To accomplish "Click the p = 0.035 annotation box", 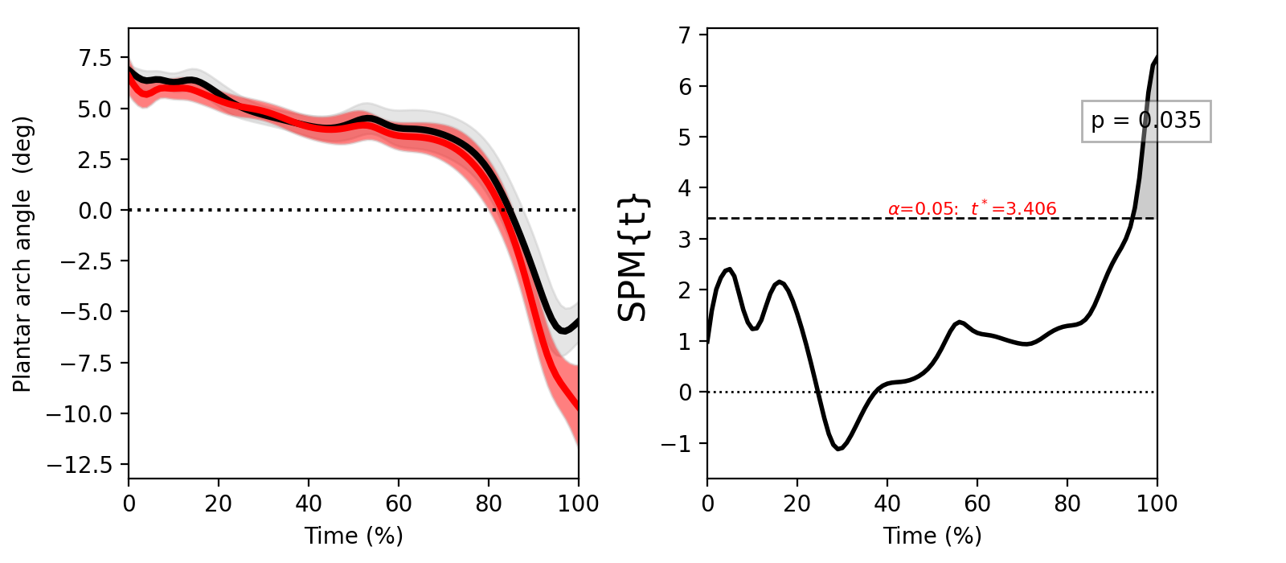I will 1145,121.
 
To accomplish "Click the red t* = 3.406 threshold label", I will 972,209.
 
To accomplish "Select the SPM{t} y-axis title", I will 633,257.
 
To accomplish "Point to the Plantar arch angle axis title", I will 23,254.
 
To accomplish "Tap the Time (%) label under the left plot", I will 354,536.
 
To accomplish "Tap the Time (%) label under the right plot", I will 932,536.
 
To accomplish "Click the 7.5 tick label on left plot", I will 95,58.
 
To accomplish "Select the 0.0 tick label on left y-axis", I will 95,211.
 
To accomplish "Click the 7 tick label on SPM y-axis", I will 686,35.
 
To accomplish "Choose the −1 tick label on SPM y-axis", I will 678,444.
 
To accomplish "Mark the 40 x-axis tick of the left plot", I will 309,504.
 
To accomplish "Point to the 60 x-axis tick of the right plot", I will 977,504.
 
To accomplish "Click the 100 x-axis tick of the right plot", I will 1157,504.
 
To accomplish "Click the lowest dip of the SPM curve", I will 838,449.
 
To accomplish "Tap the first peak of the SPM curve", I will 728,269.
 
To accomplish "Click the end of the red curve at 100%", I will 576,406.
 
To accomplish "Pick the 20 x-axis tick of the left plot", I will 219,504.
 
